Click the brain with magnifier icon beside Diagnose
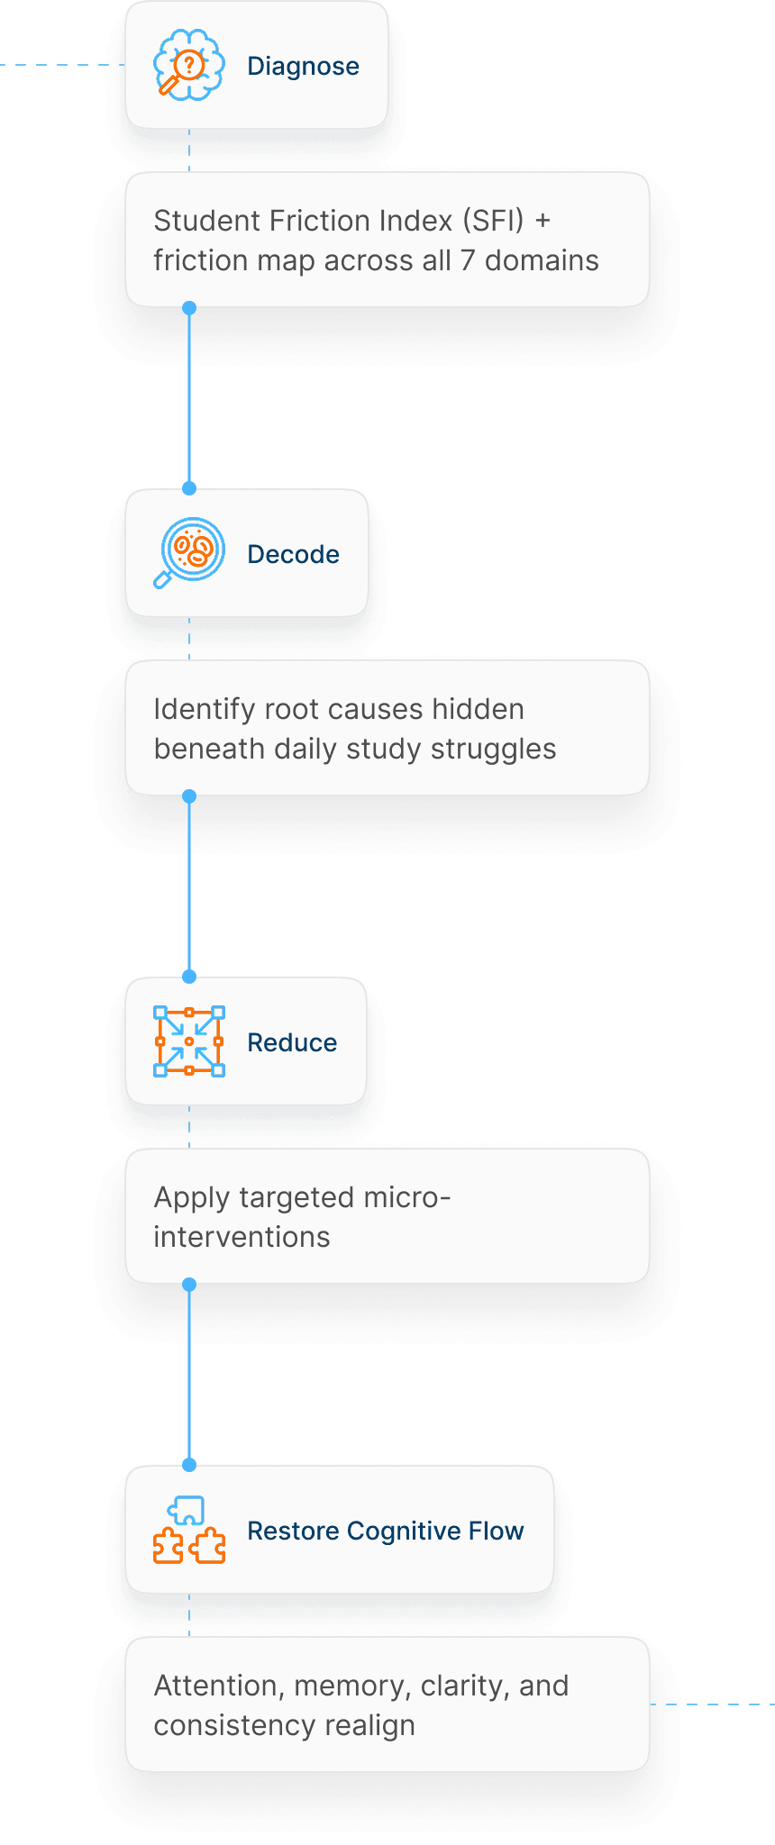click(188, 65)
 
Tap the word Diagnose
click(303, 66)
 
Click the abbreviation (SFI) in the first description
click(493, 221)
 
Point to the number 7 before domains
click(467, 260)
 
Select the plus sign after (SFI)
click(542, 221)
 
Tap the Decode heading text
click(293, 554)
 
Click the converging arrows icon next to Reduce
click(188, 1041)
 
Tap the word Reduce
click(292, 1042)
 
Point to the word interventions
click(242, 1237)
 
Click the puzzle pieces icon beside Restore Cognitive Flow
click(188, 1530)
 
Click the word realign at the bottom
click(369, 1726)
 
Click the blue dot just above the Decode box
click(189, 488)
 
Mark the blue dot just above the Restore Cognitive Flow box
click(189, 1465)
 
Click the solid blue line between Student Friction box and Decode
click(189, 396)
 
